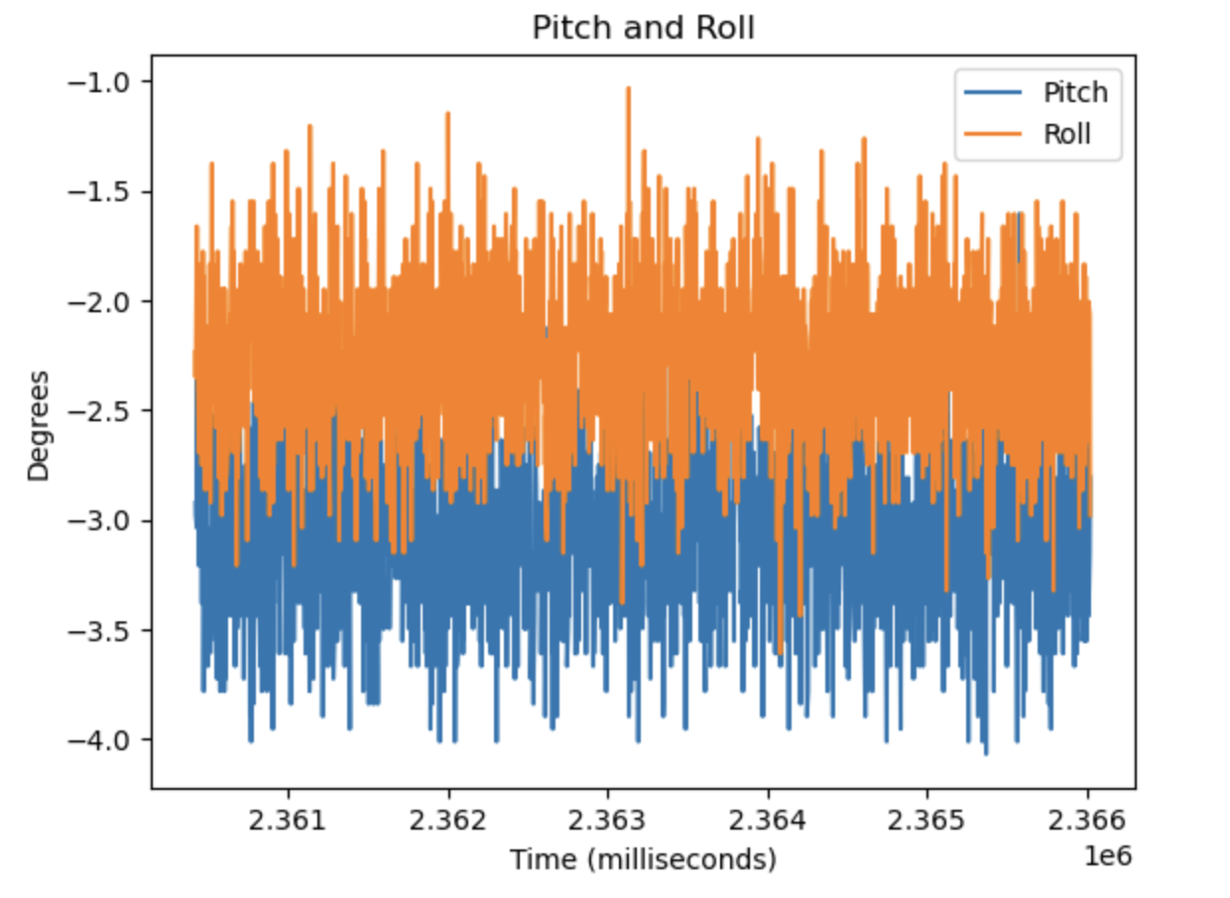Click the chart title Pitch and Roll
click(x=643, y=28)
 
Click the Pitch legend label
click(x=1075, y=93)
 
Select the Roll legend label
click(x=1067, y=134)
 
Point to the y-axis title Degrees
click(x=39, y=425)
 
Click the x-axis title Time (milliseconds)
click(x=643, y=859)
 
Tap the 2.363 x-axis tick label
click(x=608, y=823)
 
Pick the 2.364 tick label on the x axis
click(x=768, y=823)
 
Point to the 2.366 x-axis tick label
click(x=1087, y=823)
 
